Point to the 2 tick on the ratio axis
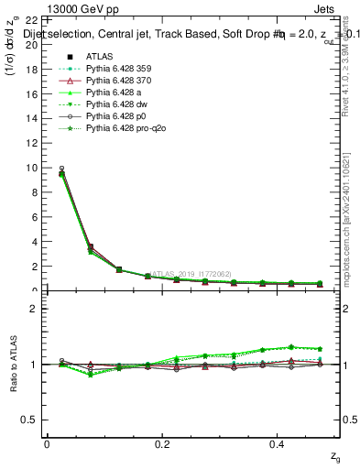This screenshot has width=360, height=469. click(x=34, y=309)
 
